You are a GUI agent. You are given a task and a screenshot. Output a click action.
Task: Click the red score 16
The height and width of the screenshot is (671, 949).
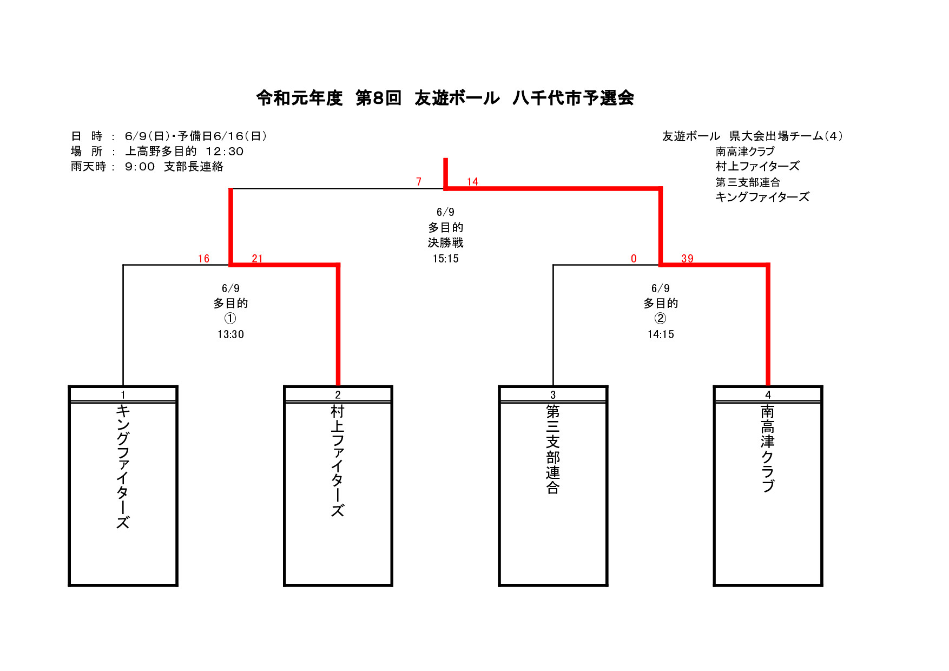203,259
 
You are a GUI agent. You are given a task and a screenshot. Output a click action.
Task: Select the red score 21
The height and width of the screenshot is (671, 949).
257,259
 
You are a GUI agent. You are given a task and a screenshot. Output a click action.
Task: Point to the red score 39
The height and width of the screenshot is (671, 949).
687,259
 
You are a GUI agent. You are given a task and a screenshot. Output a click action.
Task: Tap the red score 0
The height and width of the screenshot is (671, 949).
634,259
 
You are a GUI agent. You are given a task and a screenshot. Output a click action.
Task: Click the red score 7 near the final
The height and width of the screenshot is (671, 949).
419,182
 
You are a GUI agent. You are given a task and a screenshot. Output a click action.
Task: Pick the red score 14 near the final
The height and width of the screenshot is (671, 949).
472,182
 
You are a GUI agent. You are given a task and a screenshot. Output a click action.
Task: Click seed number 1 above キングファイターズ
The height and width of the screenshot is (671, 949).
123,395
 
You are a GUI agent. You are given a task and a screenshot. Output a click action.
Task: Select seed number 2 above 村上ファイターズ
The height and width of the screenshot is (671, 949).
338,395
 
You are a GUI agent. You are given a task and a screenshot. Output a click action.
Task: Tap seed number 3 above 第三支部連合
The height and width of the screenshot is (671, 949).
553,395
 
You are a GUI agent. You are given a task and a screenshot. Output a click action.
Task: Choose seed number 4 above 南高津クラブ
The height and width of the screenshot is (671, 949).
768,395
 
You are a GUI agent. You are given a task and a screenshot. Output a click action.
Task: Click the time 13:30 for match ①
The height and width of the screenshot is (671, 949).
230,334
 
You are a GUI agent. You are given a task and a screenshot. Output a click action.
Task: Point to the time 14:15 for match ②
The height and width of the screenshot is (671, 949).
661,334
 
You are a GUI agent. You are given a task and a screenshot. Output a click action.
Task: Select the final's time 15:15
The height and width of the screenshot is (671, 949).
445,259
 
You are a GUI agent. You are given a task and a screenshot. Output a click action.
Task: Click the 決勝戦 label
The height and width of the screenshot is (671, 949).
445,243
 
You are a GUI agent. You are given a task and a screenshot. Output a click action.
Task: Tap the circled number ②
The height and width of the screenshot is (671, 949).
661,318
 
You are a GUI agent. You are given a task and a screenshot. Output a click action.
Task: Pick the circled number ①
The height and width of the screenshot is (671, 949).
230,318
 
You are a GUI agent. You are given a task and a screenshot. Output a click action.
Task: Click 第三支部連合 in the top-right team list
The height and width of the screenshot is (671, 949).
748,182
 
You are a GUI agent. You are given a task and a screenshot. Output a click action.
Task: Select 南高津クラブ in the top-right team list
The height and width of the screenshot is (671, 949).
745,152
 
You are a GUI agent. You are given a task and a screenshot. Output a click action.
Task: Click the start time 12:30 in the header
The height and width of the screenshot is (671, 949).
225,152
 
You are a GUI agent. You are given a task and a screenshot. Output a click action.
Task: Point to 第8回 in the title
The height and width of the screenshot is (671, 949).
378,98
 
